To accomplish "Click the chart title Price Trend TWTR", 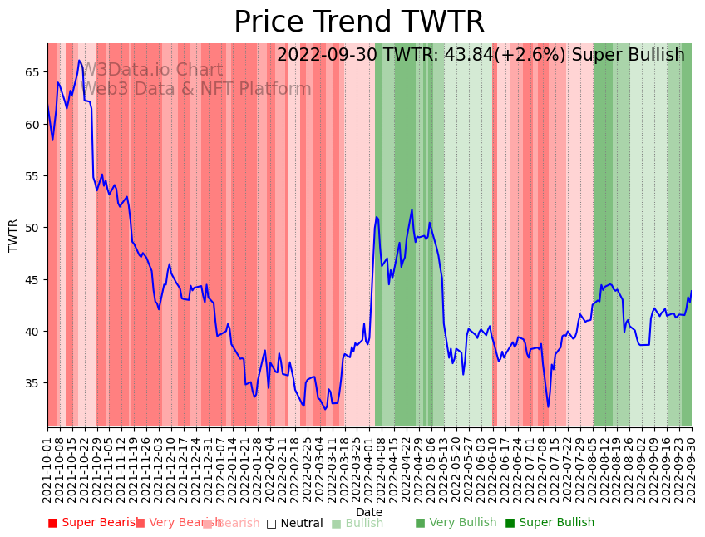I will (358, 22).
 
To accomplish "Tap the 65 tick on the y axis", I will (32, 72).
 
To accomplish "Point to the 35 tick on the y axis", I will (32, 383).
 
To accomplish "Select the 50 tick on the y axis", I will (32, 228).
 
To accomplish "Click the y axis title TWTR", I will (13, 235).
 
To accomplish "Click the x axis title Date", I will (369, 513).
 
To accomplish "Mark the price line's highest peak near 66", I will (79, 61).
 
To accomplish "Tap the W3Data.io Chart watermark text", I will (151, 71).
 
